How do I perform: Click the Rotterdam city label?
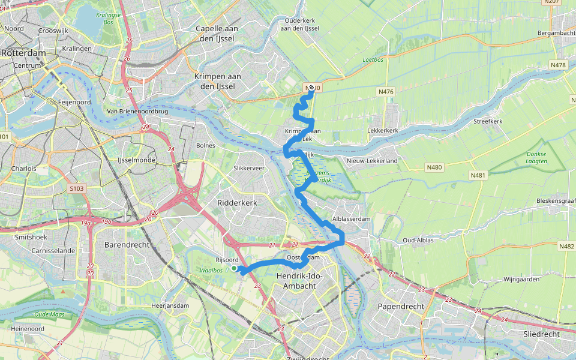coord(23,53)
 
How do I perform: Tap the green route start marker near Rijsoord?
coord(234,268)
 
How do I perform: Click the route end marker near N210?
coord(311,88)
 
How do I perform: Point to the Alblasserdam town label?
coord(352,219)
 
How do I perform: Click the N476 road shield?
coord(386,92)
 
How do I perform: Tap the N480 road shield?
coord(434,167)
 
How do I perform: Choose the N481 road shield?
coord(478,175)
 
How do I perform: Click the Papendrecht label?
coord(401,306)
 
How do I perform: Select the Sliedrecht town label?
coord(541,334)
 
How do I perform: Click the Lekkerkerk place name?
coord(382,130)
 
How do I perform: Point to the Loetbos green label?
coord(373,59)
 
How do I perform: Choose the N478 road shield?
coord(558,65)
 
